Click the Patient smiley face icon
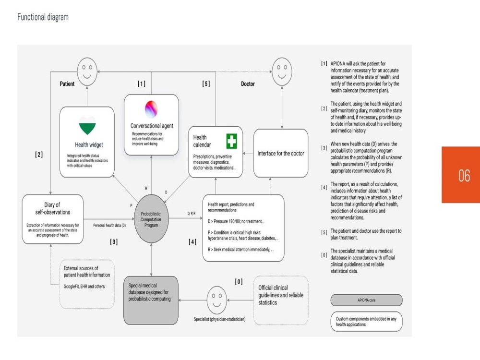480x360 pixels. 87,72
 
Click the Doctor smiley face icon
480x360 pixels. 282,72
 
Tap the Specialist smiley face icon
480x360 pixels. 217,300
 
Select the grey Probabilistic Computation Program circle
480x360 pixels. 151,219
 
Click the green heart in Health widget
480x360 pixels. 87,125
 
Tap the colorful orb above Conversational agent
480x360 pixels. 151,109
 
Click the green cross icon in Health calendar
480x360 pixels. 232,141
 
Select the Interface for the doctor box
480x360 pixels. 281,153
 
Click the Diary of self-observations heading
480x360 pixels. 52,208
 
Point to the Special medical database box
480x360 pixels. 151,300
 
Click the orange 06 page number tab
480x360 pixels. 461,175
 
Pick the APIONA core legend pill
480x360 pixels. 366,300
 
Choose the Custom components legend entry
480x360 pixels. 366,322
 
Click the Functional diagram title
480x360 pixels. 43,17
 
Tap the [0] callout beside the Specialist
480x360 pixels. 239,282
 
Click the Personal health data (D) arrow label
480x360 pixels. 109,225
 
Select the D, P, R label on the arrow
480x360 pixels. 192,214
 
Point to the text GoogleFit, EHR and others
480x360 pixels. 84,287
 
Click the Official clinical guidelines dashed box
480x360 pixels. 281,300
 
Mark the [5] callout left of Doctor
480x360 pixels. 206,84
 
